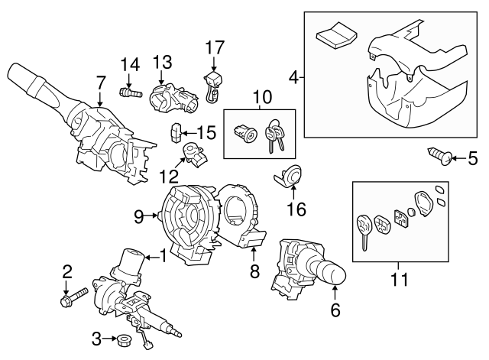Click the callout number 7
pos(100,82)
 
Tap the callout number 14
pos(128,64)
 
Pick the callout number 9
pos(138,216)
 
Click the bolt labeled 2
pos(66,300)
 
